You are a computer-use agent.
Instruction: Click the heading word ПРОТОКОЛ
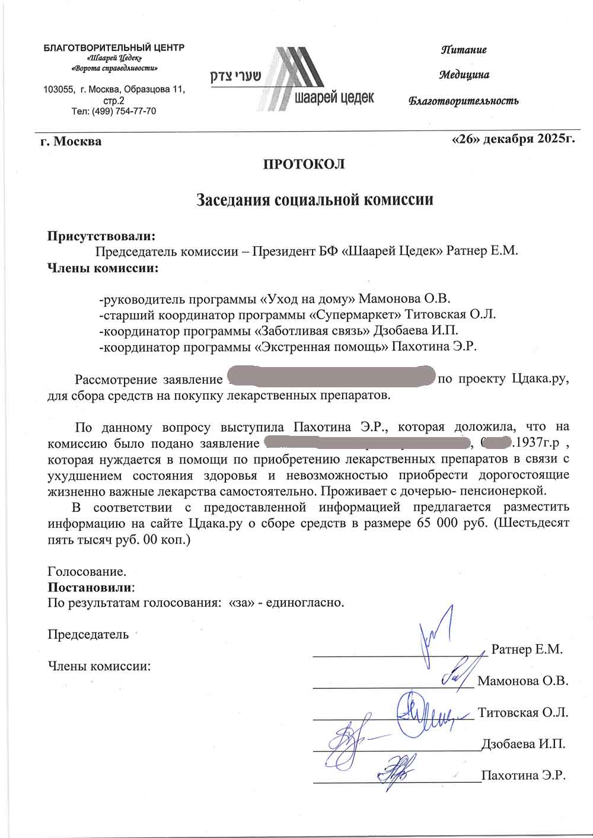click(304, 164)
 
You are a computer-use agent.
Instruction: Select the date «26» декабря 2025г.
click(514, 139)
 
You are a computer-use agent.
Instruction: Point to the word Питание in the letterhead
click(463, 50)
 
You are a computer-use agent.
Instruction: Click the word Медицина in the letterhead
click(464, 75)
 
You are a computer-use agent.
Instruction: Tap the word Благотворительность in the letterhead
click(464, 101)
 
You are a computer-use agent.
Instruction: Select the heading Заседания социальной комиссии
click(315, 199)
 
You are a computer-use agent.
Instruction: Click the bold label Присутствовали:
click(101, 235)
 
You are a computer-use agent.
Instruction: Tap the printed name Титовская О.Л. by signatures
click(523, 712)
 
